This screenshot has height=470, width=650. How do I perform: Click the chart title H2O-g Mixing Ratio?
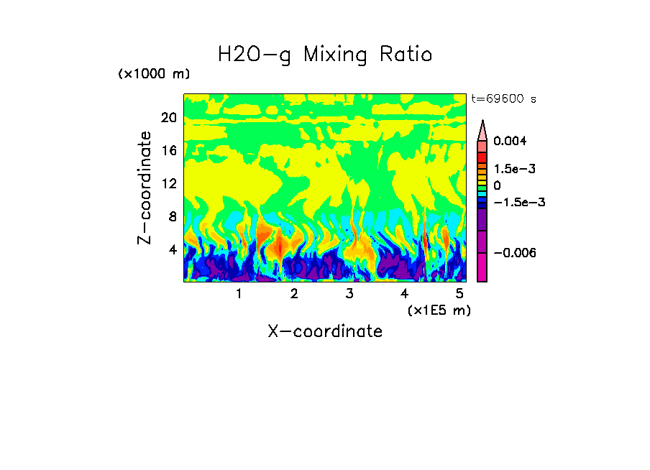click(x=325, y=55)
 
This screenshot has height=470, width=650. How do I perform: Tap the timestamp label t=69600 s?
click(x=503, y=98)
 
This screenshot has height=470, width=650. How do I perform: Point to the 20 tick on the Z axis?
click(x=169, y=118)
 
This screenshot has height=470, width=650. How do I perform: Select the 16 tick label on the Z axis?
click(x=169, y=151)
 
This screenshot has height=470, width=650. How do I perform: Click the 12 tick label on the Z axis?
click(x=169, y=184)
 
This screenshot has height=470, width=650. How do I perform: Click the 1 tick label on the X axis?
click(x=239, y=294)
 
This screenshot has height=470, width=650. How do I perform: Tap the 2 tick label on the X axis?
click(x=294, y=294)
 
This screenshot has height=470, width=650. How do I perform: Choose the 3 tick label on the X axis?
click(x=349, y=294)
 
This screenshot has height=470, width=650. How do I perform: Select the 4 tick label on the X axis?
click(x=405, y=294)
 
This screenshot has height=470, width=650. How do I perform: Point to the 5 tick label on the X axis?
click(x=459, y=294)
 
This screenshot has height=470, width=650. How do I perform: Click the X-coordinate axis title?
click(x=325, y=331)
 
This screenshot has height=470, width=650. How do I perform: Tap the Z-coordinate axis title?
click(x=145, y=188)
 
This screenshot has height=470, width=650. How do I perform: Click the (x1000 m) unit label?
click(x=154, y=75)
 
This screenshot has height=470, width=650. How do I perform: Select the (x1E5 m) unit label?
click(x=439, y=310)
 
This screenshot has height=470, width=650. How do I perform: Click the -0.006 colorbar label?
click(x=511, y=253)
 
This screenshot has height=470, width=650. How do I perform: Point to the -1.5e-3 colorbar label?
click(x=519, y=203)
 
